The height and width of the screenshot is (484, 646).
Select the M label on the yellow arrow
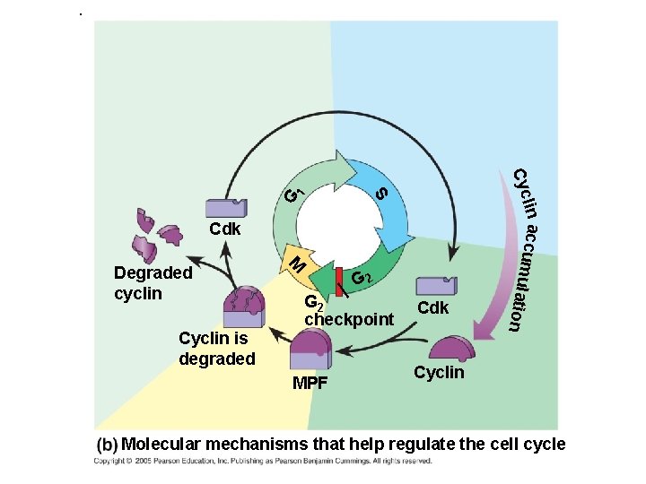point(299,264)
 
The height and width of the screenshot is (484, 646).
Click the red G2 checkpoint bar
point(340,281)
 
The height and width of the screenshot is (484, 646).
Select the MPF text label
point(311,385)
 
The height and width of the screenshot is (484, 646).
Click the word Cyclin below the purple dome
point(439,372)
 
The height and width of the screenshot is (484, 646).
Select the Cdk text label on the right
point(433,308)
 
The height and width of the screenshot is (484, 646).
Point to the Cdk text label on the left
point(225,229)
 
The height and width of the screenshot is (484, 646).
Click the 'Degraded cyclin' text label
point(153,282)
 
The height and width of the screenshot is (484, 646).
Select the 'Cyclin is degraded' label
point(217,349)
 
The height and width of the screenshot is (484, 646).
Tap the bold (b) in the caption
point(108,445)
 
